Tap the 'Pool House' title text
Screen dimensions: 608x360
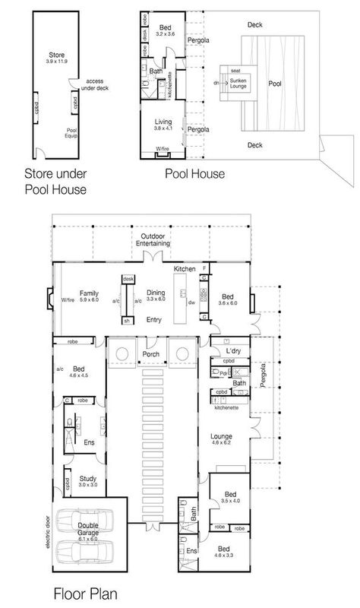pos(195,173)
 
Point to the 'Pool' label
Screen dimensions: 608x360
pos(274,84)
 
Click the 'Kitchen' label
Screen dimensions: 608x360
pos(185,269)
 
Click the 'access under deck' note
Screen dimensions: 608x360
pos(94,85)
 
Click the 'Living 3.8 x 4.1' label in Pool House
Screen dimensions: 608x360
pos(163,125)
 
